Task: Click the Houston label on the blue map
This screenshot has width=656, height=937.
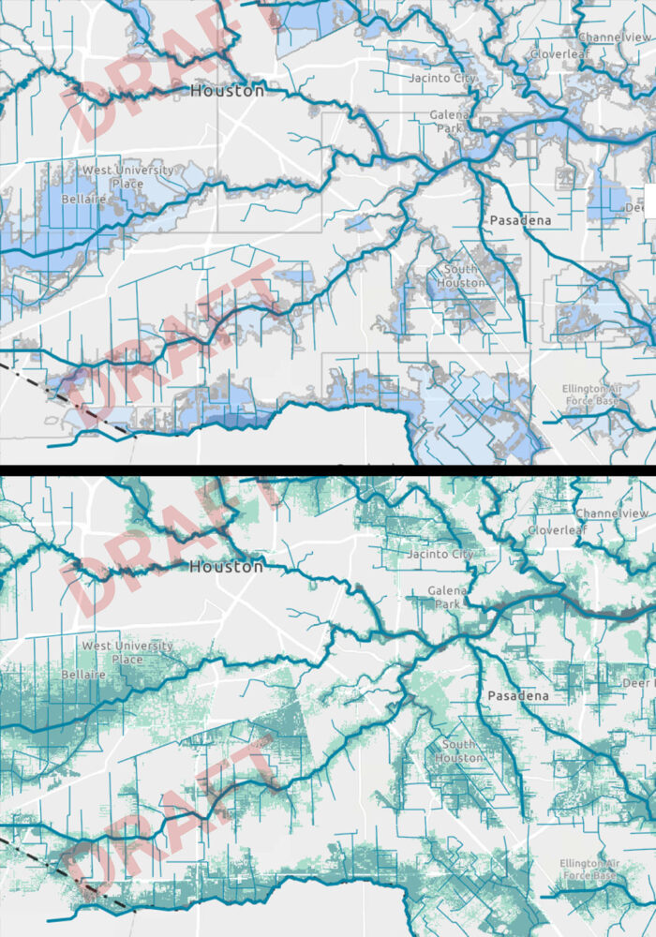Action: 226,91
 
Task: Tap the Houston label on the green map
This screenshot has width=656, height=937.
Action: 226,567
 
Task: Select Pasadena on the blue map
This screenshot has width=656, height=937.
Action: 520,221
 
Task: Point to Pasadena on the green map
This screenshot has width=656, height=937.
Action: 520,697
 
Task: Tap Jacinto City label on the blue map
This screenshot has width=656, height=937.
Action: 442,78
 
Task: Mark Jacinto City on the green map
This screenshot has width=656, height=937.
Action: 442,554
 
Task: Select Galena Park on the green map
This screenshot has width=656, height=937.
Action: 448,597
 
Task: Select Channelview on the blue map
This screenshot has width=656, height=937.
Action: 614,37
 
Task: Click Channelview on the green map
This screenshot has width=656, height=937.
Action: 614,513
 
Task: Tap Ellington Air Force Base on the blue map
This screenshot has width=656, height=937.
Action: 589,394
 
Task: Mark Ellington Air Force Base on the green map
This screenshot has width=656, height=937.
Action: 589,869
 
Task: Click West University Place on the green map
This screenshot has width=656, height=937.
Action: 127,652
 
